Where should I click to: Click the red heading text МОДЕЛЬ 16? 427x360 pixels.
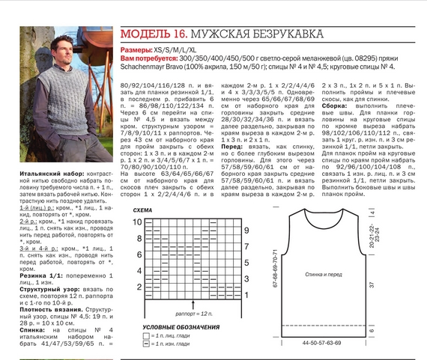(154, 34)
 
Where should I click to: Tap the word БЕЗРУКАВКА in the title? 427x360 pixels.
(285, 35)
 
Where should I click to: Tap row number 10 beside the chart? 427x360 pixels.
(137, 222)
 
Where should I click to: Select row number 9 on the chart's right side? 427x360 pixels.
(246, 230)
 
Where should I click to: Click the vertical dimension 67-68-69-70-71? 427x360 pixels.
(275, 269)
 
